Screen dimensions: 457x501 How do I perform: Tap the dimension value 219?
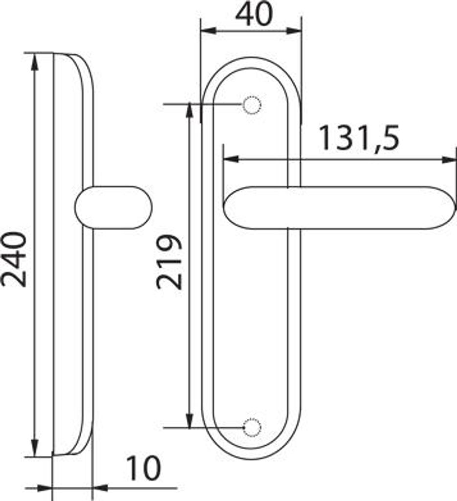click(x=170, y=262)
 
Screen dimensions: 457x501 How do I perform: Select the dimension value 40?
click(x=254, y=14)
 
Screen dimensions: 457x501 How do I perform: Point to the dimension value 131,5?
click(x=359, y=138)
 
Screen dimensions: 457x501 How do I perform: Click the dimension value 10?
click(x=144, y=468)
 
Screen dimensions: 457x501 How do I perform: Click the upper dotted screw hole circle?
click(x=252, y=105)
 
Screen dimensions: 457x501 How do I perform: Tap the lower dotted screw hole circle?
click(x=252, y=428)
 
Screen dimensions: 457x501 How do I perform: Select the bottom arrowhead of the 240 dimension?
click(x=35, y=448)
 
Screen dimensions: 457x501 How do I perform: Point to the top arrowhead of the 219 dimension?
click(x=190, y=111)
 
